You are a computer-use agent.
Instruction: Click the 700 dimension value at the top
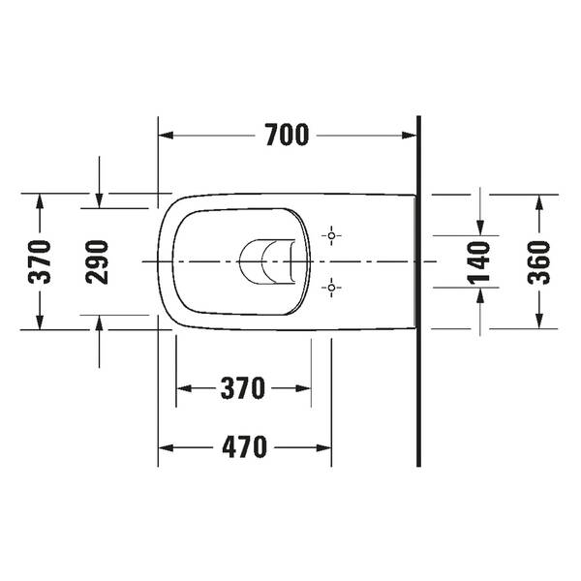coord(287,137)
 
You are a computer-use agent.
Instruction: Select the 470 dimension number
coord(243,447)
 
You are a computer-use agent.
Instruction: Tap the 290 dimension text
coord(98,261)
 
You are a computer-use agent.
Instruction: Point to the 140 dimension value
coord(480,261)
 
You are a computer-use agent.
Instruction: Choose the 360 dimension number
coord(539,261)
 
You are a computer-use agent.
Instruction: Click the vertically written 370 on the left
coord(40,261)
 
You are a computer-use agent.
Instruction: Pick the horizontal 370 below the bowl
coord(243,389)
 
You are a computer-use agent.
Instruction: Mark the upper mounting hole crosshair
coord(331,235)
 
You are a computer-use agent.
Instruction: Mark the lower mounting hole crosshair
coord(331,288)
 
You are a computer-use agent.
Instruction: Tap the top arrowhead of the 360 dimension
coord(539,201)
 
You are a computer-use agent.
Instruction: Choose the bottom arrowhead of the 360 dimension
coord(539,321)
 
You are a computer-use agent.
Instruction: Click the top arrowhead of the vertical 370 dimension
coord(40,201)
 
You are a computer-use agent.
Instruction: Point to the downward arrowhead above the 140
coord(480,227)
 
